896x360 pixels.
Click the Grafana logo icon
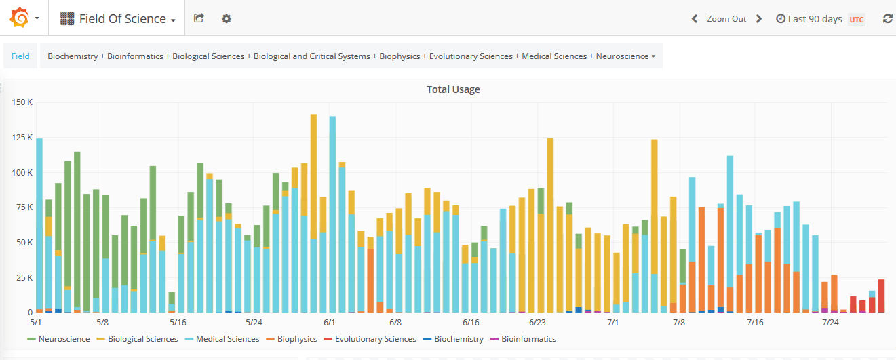coord(19,18)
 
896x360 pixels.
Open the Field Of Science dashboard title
coord(122,19)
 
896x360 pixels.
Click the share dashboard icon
coord(199,18)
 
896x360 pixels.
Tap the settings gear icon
coord(227,18)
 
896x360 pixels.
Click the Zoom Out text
coord(726,19)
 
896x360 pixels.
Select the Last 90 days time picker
coord(814,19)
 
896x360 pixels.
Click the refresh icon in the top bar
coord(887,19)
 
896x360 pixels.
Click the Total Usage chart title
coord(453,89)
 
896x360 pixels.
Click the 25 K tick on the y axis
coord(25,277)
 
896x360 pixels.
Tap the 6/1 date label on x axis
coord(330,323)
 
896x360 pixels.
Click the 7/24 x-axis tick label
coord(830,323)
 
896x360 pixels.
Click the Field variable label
coord(20,56)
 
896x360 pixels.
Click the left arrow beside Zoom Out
coord(695,19)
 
